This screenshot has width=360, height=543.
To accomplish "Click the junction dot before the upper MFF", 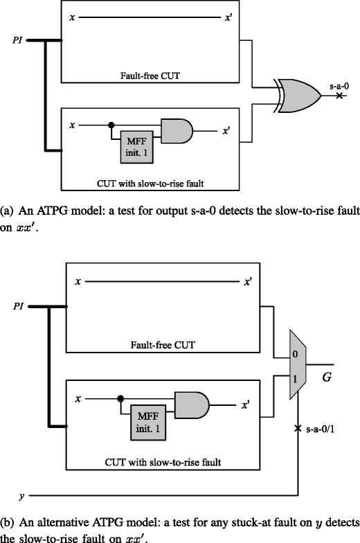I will pos(111,126).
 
